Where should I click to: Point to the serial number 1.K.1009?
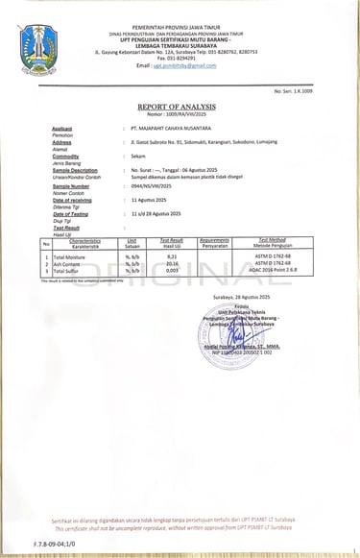(322, 89)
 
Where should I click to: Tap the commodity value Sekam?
(137, 156)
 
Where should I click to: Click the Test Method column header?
(276, 240)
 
